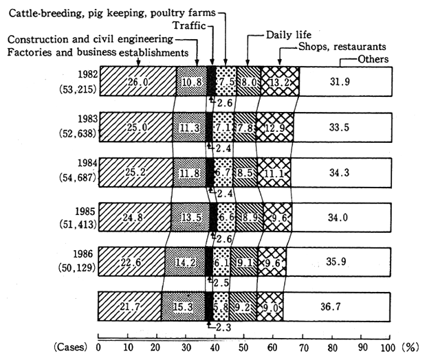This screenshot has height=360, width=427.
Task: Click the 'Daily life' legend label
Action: coord(289,34)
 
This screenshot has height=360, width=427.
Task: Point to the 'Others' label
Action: coord(373,59)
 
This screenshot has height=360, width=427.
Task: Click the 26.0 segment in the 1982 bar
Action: coord(138,81)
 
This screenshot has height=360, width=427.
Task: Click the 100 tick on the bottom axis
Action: coord(389,346)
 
